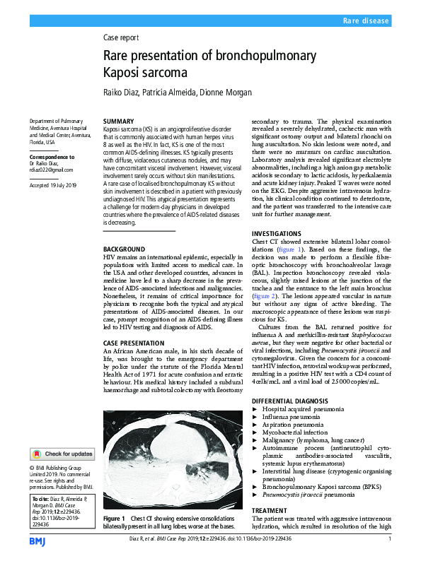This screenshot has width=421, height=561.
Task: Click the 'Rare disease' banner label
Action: tap(366, 22)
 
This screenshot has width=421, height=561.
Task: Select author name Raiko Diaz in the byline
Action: tap(122, 92)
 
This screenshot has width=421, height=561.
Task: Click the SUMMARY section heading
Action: tap(118, 122)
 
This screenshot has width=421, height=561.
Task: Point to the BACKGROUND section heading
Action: tap(125, 249)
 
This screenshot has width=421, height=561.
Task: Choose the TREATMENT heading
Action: tap(270, 509)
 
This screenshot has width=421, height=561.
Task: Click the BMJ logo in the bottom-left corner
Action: tap(38, 541)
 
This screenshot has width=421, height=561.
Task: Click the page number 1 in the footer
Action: tap(390, 540)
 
